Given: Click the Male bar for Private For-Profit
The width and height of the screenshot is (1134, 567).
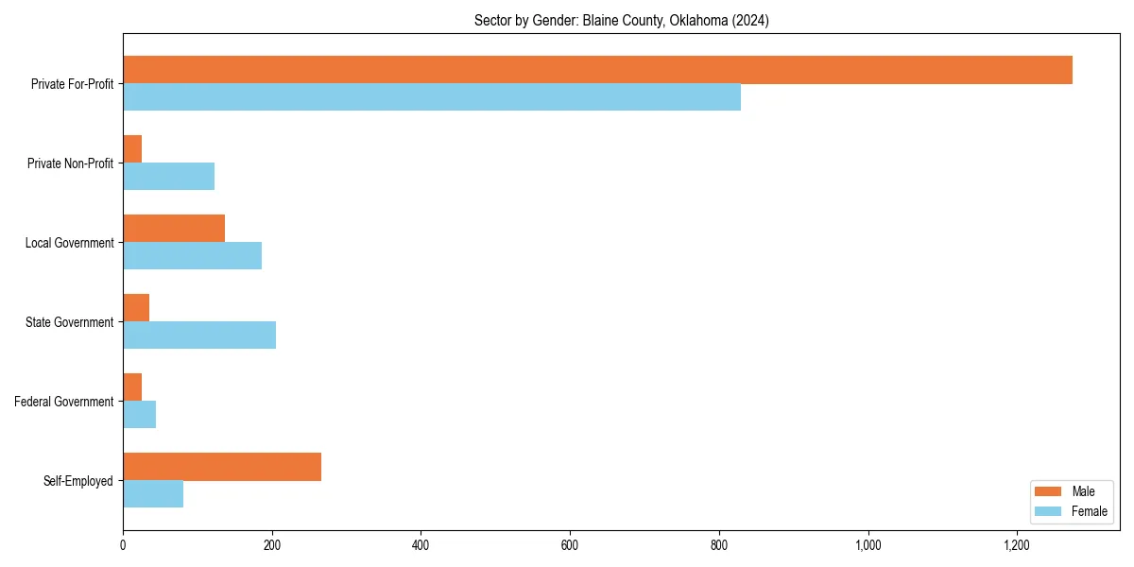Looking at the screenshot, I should pos(597,70).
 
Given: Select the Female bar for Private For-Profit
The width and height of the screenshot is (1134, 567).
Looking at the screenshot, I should pos(432,97).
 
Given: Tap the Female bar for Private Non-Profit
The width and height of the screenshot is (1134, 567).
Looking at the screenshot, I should pos(168,177).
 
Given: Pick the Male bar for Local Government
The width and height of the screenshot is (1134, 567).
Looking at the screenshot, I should pos(174,229).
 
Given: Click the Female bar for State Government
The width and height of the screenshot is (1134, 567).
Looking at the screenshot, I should pos(199,335).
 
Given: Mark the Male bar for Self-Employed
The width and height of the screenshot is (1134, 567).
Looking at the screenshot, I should pos(222,467).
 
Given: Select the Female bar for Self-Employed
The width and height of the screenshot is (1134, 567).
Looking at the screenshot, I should pos(153,494).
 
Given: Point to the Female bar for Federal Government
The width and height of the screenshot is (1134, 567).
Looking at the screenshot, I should pos(139,415).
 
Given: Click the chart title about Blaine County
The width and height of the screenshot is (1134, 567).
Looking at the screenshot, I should pos(621,21).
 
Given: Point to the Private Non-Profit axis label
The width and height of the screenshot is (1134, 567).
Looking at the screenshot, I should pos(70,163).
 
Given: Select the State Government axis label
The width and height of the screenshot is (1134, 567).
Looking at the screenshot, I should pos(70,322).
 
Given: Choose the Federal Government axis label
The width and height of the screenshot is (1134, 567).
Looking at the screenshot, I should pos(64,402).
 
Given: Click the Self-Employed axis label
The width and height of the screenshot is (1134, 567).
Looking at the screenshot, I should pos(78,481).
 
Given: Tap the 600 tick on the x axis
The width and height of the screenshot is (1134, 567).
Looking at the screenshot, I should pos(570,544).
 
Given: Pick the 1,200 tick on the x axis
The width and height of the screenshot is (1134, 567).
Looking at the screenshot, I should pos(1017,544).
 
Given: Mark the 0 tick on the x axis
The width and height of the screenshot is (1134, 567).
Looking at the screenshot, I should pos(123,544).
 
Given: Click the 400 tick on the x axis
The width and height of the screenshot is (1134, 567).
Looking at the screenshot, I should pos(421,544).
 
